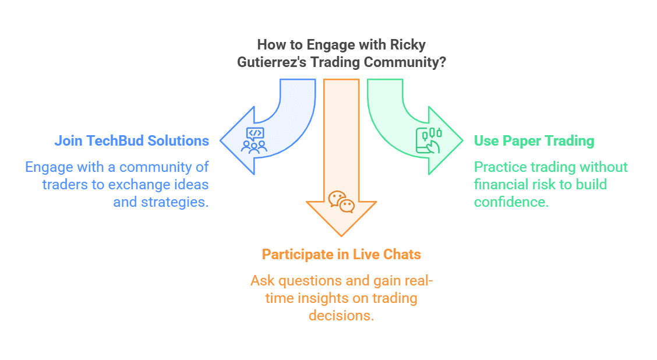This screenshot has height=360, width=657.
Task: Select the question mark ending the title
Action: tap(443, 63)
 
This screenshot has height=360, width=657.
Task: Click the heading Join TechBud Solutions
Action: tap(132, 140)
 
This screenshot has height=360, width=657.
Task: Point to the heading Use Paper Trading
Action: tap(534, 140)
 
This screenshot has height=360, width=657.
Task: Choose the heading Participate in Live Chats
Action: tap(341, 255)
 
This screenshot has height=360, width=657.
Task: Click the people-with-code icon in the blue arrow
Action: tap(255, 140)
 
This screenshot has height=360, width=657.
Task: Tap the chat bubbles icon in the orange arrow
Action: tap(341, 202)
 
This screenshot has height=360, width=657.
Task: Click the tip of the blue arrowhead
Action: tap(221, 140)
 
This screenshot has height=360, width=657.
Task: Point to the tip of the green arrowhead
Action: tap(462, 140)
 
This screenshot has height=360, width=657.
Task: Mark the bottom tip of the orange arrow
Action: tap(341, 236)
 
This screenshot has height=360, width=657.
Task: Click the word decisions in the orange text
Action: tap(341, 316)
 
